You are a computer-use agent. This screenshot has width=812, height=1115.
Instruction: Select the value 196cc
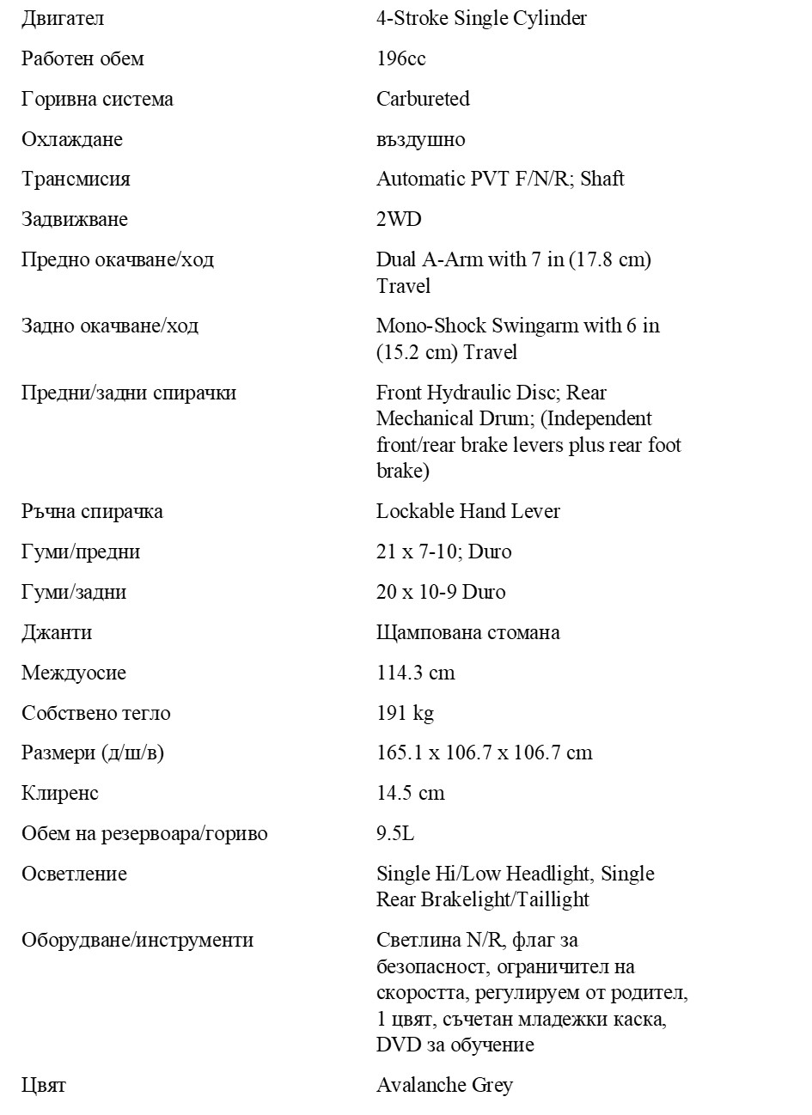(x=400, y=58)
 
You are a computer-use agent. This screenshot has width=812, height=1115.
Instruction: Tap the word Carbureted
(x=423, y=99)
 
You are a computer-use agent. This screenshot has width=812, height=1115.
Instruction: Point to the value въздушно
(x=420, y=139)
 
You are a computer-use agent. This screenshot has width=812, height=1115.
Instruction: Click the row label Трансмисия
(x=76, y=180)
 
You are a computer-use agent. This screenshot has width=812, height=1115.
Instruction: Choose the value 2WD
(x=399, y=219)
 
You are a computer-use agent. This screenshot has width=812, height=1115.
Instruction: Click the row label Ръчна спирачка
(x=92, y=511)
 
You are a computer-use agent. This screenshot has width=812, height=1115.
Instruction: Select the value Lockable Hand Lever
(x=467, y=511)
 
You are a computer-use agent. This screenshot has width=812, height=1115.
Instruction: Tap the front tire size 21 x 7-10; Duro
(x=443, y=551)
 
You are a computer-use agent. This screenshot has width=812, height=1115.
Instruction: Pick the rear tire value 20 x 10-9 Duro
(x=441, y=592)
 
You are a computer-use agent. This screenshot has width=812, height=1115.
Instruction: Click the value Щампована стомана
(x=467, y=632)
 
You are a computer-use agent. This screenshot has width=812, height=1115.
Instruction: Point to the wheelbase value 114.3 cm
(x=415, y=673)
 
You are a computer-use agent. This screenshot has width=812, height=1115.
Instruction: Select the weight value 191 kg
(x=405, y=713)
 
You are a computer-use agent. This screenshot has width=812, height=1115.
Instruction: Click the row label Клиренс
(x=60, y=793)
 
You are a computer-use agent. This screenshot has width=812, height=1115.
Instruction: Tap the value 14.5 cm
(x=410, y=793)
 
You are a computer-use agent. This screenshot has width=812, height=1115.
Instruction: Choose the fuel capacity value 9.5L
(x=395, y=833)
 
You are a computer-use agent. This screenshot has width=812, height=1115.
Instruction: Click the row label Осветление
(x=74, y=874)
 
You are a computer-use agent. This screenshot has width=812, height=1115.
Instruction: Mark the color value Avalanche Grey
(x=444, y=1085)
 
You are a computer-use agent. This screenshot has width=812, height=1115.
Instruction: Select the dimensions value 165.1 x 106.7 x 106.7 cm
(x=484, y=752)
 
